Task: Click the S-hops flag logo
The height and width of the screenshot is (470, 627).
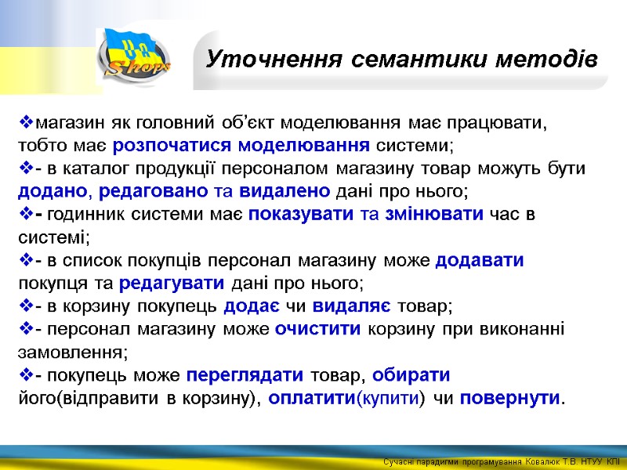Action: coord(133,56)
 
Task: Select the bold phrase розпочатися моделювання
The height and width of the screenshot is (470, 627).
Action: coord(241,146)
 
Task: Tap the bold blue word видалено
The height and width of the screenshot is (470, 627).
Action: coord(285,192)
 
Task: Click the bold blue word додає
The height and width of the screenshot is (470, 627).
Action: coord(251,306)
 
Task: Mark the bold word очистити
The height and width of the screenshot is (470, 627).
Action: coord(317,329)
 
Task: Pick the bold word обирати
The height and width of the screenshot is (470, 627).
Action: coord(411,374)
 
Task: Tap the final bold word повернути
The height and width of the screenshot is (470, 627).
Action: coord(510,397)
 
